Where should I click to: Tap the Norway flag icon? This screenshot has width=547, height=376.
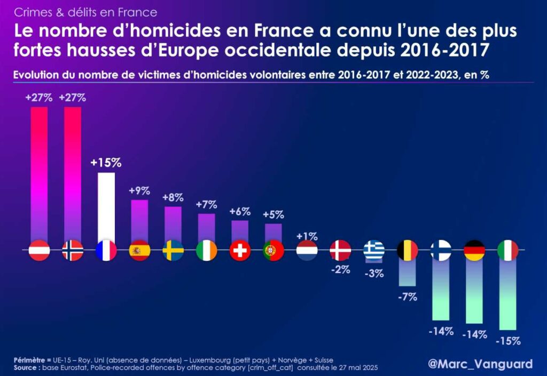point(73,250)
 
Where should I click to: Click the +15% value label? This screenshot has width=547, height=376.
point(106,163)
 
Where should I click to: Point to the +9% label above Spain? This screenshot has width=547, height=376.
point(139,190)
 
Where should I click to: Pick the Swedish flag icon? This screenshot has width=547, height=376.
point(173,250)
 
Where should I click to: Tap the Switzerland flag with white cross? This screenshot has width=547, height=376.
point(240,250)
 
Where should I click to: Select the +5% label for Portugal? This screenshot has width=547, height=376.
point(273,215)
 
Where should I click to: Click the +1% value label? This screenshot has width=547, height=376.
point(307,236)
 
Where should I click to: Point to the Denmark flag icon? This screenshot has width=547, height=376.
point(340,250)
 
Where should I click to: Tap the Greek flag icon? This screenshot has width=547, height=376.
point(373,250)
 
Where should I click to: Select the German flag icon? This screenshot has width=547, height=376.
point(474,250)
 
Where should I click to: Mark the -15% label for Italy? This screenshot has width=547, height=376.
point(507,341)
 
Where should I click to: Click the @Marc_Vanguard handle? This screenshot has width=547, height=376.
point(480,364)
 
